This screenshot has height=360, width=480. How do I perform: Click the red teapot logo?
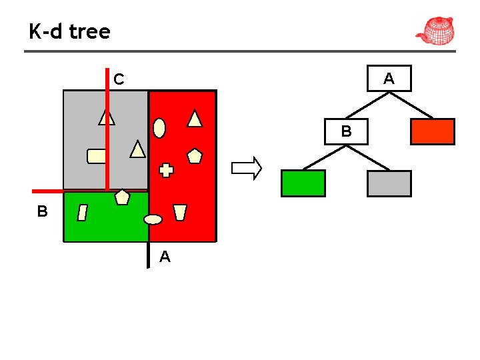point(435,31)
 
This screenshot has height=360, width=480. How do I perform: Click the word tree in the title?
point(89,31)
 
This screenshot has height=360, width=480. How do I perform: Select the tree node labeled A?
point(389,79)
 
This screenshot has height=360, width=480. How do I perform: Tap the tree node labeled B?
point(346,131)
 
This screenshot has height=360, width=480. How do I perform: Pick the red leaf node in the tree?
point(432,131)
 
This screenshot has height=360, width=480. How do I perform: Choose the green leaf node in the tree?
point(303,183)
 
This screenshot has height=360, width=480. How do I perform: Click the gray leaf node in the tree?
point(389,183)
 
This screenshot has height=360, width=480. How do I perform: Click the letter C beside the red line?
point(119,80)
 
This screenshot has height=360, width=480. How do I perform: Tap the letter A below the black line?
point(165,257)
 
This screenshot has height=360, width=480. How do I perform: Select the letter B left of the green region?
point(42,212)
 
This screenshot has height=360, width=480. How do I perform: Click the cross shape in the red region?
point(166,170)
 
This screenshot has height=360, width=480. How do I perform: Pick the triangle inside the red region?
point(195,119)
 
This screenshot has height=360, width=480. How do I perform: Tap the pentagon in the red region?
point(194,156)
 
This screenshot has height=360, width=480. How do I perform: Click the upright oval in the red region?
point(159,127)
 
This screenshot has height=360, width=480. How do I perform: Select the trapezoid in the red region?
point(179,212)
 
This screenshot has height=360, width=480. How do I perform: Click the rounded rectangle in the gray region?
point(97,156)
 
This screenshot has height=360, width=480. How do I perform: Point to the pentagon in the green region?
point(122,197)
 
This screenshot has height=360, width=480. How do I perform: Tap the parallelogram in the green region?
point(83,213)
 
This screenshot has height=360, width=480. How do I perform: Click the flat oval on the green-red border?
point(153,219)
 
